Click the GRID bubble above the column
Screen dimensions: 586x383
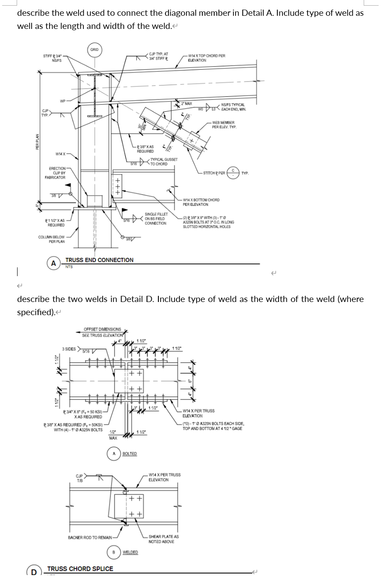pyautogui.click(x=94, y=50)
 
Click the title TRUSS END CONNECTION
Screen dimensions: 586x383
pyautogui.click(x=99, y=260)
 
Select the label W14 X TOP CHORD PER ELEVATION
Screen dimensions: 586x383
pyautogui.click(x=206, y=58)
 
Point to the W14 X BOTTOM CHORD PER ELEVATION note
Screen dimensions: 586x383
pyautogui.click(x=201, y=202)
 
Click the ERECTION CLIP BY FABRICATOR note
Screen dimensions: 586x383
pyautogui.click(x=55, y=173)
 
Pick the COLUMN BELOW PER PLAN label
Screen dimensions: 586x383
pyautogui.click(x=51, y=239)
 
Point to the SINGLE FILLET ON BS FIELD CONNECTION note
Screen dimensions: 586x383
pyautogui.click(x=156, y=219)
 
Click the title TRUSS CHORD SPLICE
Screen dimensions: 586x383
pyautogui.click(x=80, y=569)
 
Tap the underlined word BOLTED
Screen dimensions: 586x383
pyautogui.click(x=129, y=454)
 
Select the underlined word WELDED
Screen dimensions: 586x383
pyautogui.click(x=130, y=552)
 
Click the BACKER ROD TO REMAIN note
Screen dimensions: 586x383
pyautogui.click(x=90, y=537)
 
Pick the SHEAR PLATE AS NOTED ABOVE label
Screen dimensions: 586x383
pyautogui.click(x=163, y=539)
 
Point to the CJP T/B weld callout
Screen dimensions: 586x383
pyautogui.click(x=80, y=478)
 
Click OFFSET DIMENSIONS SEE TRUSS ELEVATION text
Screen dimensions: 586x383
pyautogui.click(x=102, y=332)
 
